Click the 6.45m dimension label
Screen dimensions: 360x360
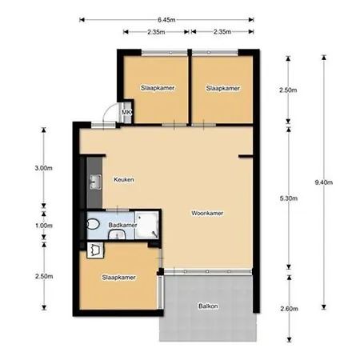coord(166,20)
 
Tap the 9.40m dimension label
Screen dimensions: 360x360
coord(324,182)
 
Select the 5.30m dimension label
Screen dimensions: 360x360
coord(289,198)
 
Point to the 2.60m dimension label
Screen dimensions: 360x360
coord(290,309)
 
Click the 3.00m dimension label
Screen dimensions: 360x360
coord(43,168)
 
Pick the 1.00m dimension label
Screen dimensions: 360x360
coord(44,226)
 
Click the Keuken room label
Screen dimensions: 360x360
coord(124,179)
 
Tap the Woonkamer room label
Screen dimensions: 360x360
coord(207,213)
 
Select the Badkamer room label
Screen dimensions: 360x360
coord(122,225)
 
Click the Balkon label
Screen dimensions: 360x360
coord(208,306)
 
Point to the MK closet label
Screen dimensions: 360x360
coord(126,112)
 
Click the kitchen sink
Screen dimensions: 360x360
coord(95,182)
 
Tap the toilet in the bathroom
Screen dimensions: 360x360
coord(93,224)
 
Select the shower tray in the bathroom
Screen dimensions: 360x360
coord(146,225)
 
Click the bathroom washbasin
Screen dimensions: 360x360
coord(117,234)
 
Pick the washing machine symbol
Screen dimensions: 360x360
coord(95,250)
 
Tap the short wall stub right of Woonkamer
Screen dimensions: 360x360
coord(246,156)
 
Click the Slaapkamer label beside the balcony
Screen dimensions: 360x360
coord(118,278)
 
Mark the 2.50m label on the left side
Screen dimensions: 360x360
coord(44,276)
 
